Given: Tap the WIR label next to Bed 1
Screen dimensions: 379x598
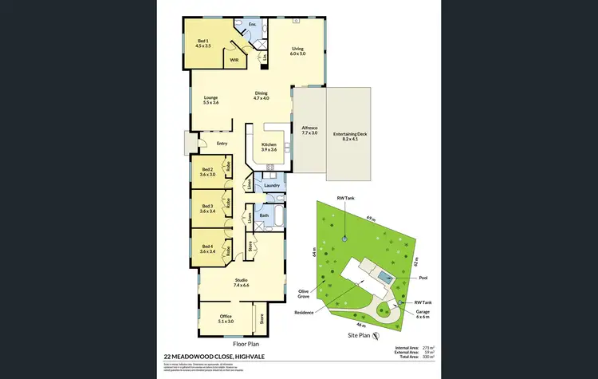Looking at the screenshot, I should pyautogui.click(x=234, y=60).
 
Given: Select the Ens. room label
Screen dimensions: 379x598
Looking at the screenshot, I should pyautogui.click(x=251, y=25).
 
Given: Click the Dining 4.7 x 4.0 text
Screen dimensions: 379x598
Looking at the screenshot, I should pyautogui.click(x=262, y=95).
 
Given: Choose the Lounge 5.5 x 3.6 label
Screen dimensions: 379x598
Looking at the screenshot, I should pyautogui.click(x=210, y=100).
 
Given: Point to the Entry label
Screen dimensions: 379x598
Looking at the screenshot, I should pyautogui.click(x=222, y=144).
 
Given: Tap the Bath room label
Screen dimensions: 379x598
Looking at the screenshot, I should pyautogui.click(x=264, y=215).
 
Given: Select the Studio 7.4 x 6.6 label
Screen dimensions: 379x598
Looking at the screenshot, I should pyautogui.click(x=241, y=282).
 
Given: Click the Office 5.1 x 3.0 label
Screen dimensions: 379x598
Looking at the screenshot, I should pyautogui.click(x=226, y=318).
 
